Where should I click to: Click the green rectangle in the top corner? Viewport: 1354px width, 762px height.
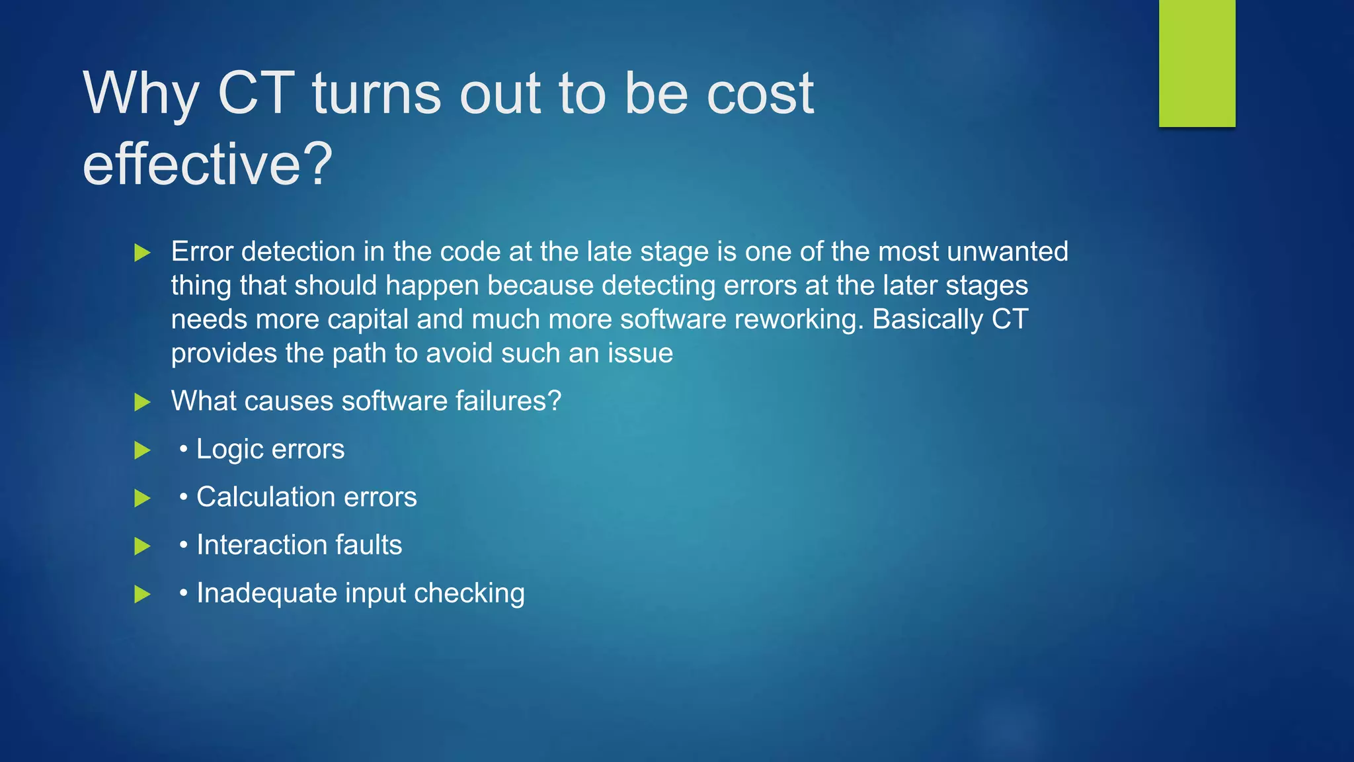(1197, 63)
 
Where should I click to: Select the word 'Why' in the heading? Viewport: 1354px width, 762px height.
(141, 93)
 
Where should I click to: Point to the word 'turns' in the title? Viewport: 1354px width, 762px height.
(376, 93)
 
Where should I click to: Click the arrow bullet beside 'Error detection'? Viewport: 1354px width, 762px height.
(142, 253)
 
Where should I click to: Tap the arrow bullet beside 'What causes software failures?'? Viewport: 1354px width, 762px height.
(142, 402)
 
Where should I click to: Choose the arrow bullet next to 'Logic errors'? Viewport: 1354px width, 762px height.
(142, 450)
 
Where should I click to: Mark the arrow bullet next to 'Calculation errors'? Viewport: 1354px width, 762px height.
(142, 498)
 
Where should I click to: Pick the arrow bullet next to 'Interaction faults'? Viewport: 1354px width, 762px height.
(142, 546)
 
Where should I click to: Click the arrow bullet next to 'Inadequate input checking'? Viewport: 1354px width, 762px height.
(142, 594)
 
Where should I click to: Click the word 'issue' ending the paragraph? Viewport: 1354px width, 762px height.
(640, 353)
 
